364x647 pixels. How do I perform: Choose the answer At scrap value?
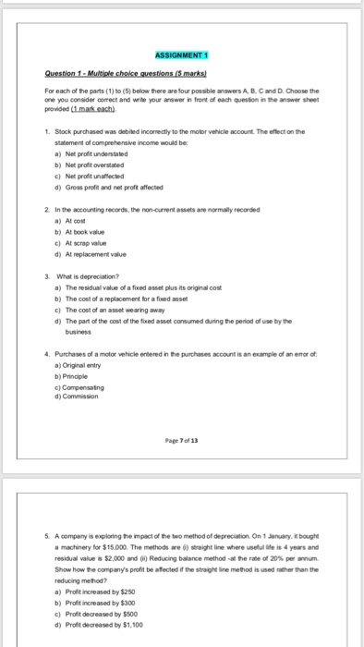click(85, 255)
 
